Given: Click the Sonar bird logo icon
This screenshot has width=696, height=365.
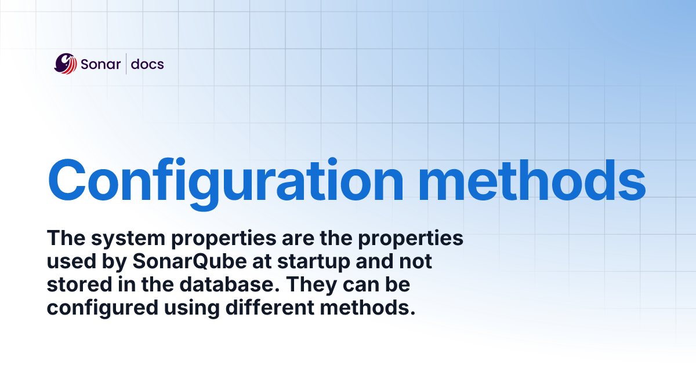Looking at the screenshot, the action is [x=65, y=64].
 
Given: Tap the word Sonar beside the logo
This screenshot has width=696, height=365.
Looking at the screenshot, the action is [x=101, y=64].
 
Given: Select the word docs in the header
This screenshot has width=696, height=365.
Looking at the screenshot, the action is [x=147, y=64].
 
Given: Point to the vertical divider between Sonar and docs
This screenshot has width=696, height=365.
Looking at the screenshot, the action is [x=126, y=64].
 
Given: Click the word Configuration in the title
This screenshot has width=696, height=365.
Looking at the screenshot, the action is [x=226, y=184].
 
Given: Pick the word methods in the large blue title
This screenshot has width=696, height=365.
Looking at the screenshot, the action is [x=532, y=181].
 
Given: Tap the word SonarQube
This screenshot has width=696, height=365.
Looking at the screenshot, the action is [x=190, y=262].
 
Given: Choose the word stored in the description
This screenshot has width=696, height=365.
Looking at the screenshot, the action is [x=79, y=284].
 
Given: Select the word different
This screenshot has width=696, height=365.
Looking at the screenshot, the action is [x=270, y=308].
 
